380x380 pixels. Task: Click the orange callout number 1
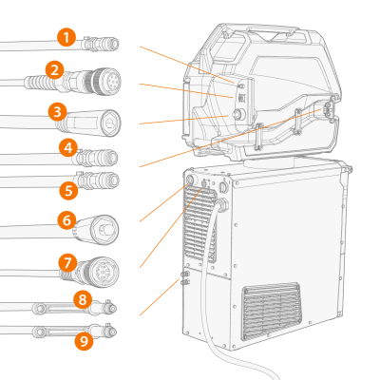tap(66, 37)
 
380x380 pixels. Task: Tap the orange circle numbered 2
tap(55, 70)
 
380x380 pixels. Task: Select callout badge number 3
tap(58, 112)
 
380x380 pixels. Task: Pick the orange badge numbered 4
tap(68, 147)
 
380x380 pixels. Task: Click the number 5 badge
tap(68, 190)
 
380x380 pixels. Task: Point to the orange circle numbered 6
tap(66, 220)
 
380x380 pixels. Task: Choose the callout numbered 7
tap(68, 263)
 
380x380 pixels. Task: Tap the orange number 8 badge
tap(83, 299)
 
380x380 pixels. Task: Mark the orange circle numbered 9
tap(84, 341)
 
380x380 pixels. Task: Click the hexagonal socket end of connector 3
tap(110, 123)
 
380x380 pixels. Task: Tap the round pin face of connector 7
tap(104, 271)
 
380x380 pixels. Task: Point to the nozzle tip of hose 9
tap(113, 332)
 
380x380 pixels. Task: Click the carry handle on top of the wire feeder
tap(273, 32)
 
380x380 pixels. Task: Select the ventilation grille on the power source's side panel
tap(271, 312)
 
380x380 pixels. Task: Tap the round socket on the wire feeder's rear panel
tap(238, 114)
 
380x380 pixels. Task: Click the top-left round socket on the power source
tap(191, 180)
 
